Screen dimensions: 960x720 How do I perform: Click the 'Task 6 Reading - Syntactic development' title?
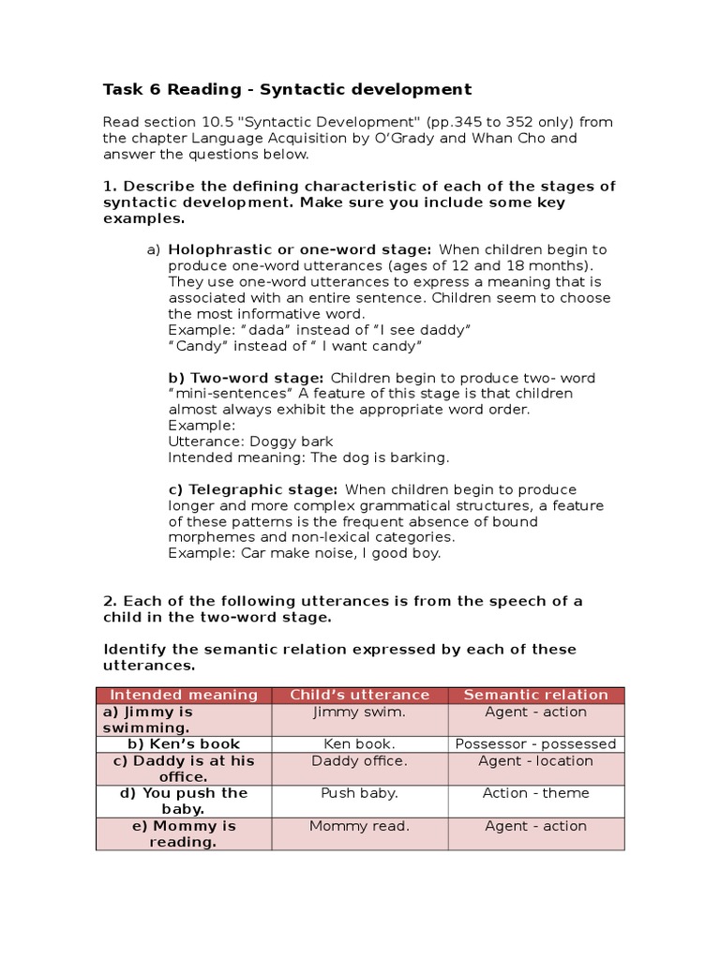click(287, 90)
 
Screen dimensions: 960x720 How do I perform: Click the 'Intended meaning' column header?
click(184, 695)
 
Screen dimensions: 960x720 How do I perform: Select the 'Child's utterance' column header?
click(360, 695)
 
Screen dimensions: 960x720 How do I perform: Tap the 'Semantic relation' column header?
click(536, 695)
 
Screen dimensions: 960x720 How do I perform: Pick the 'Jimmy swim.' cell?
click(360, 712)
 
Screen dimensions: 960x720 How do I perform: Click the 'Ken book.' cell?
click(360, 744)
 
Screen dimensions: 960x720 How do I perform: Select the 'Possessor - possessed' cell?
click(536, 744)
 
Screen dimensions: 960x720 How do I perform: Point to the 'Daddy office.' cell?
click(360, 761)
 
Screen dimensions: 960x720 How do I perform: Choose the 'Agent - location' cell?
click(536, 761)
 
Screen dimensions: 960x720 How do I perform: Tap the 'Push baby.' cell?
click(360, 793)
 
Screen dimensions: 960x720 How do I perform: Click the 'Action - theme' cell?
click(536, 793)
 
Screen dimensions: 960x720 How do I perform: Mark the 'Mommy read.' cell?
click(360, 827)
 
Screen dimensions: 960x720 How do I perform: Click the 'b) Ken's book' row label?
click(184, 744)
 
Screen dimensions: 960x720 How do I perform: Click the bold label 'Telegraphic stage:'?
click(263, 489)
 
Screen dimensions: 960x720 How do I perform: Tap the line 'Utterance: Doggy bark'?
click(250, 442)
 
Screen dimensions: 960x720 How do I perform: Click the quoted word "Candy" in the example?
click(192, 346)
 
